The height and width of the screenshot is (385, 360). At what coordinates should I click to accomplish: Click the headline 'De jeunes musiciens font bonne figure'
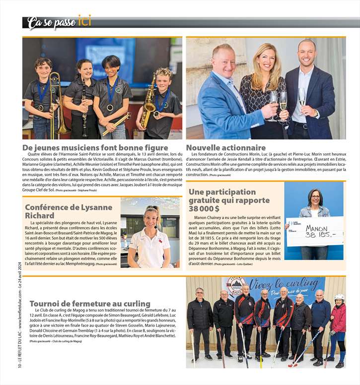[x=95, y=147]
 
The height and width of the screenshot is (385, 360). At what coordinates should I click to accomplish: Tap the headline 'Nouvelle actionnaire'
[x=226, y=147]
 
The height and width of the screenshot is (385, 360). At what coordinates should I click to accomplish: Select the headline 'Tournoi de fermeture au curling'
[x=90, y=304]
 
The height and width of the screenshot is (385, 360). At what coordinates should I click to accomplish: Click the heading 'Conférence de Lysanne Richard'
[x=69, y=211]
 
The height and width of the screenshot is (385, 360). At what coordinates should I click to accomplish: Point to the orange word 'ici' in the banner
[x=84, y=21]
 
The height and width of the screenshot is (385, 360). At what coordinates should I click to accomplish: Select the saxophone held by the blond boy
[x=148, y=104]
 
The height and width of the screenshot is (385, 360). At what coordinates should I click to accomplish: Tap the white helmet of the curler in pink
[x=339, y=297]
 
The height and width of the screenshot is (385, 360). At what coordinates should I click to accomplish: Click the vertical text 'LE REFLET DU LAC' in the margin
[x=19, y=353]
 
